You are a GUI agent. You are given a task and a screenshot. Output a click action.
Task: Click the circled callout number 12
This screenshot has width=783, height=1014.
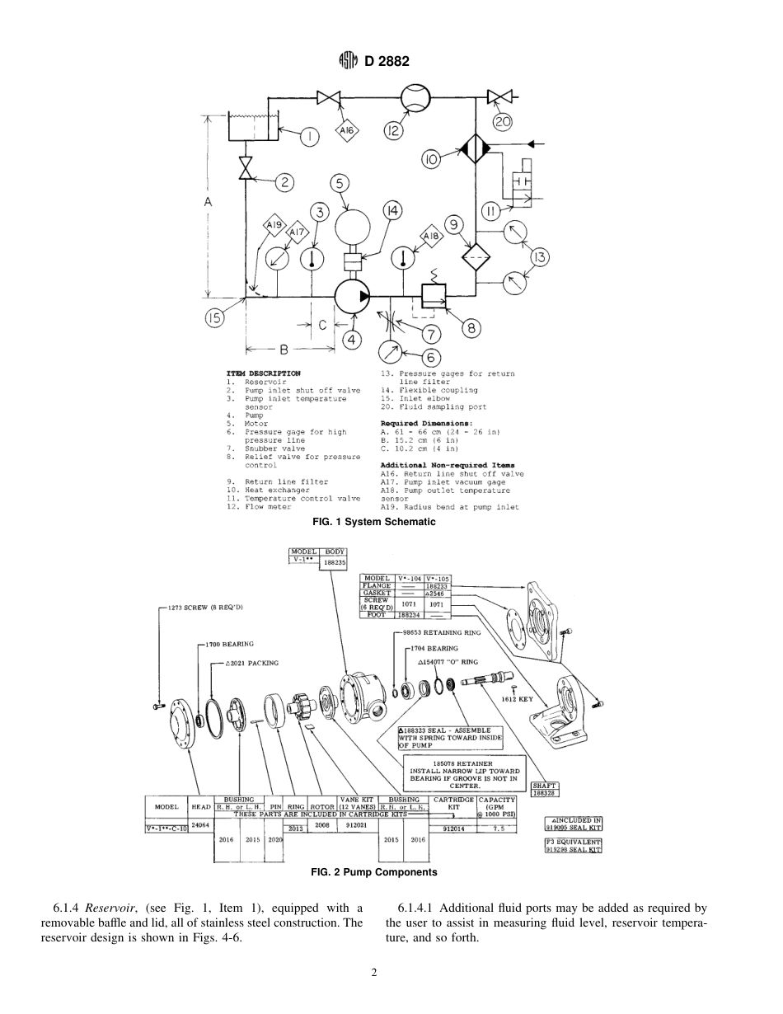(x=394, y=131)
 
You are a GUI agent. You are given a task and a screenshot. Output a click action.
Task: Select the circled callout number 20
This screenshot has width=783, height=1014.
(x=502, y=122)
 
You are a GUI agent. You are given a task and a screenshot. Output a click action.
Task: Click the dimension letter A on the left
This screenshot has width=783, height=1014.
(x=208, y=202)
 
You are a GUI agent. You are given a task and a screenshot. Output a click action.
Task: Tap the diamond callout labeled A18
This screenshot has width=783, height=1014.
(x=431, y=236)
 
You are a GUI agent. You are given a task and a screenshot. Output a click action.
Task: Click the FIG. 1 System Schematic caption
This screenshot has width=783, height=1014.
(x=373, y=522)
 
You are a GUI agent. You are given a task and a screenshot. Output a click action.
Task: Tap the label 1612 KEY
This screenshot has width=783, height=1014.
(x=517, y=698)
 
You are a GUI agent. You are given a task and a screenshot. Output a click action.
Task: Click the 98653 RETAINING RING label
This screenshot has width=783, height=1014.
(x=448, y=632)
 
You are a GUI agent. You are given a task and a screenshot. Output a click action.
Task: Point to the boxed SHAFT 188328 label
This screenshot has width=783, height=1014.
(x=544, y=789)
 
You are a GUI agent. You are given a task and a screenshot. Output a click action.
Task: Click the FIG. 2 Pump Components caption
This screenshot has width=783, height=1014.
(x=373, y=871)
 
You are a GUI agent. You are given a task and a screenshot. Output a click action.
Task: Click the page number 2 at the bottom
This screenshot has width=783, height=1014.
(x=373, y=972)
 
